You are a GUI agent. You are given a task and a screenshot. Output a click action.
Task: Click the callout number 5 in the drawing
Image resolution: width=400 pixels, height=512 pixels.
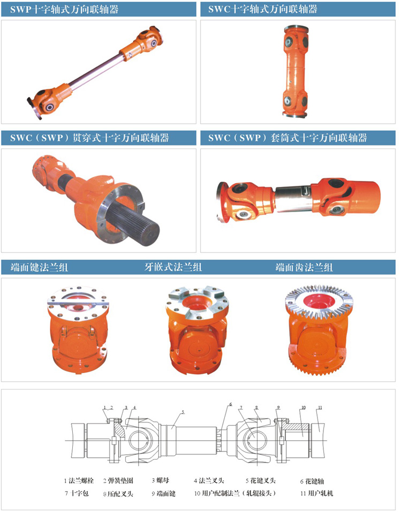pos(183,412)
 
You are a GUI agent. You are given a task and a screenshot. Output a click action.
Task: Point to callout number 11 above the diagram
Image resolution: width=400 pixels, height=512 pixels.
pos(320,408)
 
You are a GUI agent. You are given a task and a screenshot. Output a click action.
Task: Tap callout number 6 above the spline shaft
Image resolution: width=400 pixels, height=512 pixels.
pos(230,404)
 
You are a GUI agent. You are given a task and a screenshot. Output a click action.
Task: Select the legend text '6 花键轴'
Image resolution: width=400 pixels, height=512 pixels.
pos(312,481)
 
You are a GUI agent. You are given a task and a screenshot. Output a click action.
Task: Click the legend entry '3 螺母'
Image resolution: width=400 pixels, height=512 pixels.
pos(160,480)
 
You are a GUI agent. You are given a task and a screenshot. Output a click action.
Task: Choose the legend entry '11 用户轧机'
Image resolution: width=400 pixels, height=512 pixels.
pos(317,493)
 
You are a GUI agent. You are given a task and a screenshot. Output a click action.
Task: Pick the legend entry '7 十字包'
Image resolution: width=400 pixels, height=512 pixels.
pos(77,493)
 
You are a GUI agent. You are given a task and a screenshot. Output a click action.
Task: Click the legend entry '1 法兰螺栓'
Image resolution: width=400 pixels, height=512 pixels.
pos(79,480)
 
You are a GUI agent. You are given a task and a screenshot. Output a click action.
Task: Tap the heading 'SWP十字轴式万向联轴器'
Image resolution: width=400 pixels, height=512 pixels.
pos(64,9)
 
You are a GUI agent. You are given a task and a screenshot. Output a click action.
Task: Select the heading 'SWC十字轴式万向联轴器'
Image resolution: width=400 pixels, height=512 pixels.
pos(263,9)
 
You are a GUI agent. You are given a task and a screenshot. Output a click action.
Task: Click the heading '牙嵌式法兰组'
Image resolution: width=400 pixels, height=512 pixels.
pos(173,267)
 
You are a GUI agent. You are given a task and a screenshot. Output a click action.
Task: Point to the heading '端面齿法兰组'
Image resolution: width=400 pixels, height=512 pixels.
pos(304,267)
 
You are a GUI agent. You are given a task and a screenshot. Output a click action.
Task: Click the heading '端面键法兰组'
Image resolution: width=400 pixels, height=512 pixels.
pos(39,267)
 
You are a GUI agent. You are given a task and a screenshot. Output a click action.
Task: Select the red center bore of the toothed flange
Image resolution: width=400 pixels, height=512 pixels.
pos(319,301)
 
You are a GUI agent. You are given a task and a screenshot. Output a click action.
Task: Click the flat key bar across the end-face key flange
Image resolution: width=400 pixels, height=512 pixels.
pos(78,303)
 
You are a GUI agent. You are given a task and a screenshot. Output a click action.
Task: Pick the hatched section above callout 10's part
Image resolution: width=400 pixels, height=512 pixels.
pos(296,427)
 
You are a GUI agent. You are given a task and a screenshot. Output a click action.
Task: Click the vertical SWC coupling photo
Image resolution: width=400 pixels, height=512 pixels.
pos(296,71)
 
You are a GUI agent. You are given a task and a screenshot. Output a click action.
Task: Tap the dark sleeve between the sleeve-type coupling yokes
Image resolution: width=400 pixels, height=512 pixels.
pos(293,199)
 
